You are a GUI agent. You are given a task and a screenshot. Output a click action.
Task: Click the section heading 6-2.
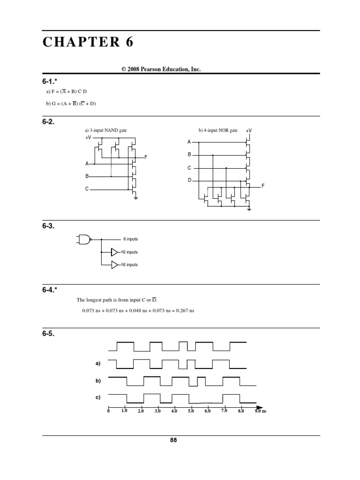(x=48, y=122)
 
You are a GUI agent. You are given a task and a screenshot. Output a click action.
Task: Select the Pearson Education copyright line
(x=161, y=69)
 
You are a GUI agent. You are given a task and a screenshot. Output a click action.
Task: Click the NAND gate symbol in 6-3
(x=84, y=239)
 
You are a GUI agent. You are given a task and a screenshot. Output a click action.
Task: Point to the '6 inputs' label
(x=130, y=239)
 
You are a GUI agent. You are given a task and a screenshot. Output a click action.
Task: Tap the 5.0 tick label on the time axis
(x=191, y=411)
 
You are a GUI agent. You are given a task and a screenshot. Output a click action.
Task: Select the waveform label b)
(x=98, y=381)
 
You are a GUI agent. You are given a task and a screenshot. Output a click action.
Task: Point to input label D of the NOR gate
(x=189, y=180)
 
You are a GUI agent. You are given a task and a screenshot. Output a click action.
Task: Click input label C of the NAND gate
(x=87, y=189)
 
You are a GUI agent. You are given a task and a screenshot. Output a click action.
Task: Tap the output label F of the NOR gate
(x=263, y=186)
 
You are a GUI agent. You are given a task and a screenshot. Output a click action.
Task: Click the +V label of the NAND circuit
(x=89, y=138)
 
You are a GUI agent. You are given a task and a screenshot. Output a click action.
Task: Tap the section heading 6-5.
(x=48, y=335)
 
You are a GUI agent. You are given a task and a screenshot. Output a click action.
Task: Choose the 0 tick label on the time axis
(x=108, y=411)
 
